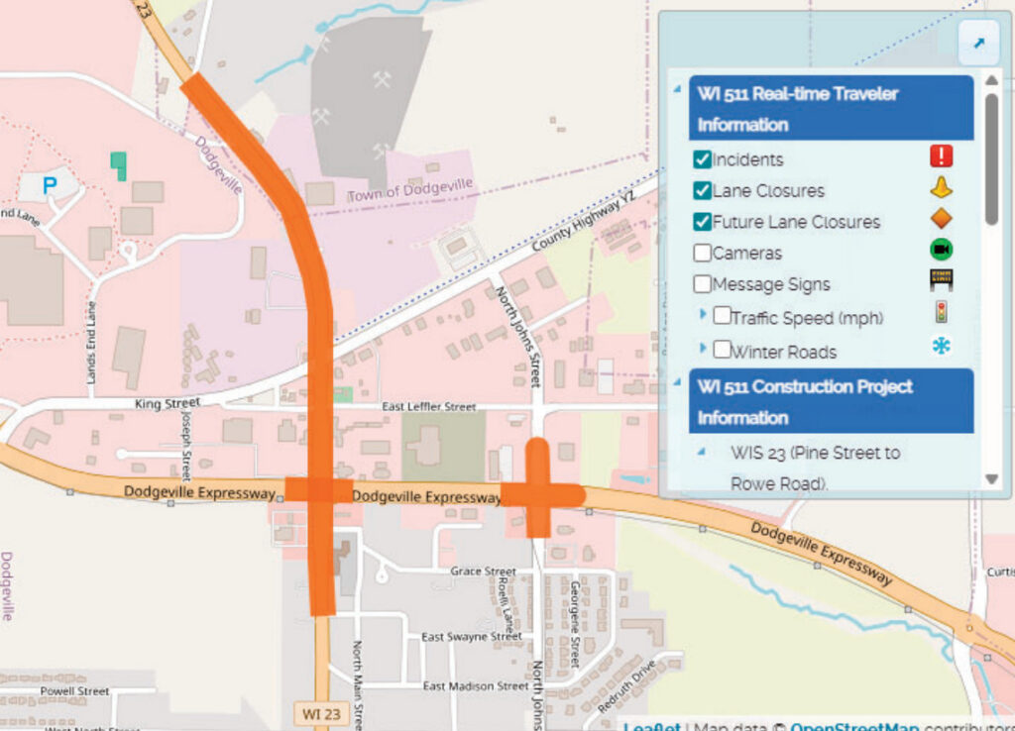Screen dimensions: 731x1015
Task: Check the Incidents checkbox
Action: pos(702,159)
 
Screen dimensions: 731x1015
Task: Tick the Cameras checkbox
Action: pos(702,253)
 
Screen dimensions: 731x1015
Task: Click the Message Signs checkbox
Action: pos(702,284)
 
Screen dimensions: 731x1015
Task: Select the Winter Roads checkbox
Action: pos(722,350)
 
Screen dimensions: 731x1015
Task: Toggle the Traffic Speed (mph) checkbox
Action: pos(722,317)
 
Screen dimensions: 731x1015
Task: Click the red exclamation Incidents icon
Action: pos(941,157)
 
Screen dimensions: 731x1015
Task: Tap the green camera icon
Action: pos(941,250)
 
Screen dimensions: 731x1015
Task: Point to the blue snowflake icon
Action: pos(941,346)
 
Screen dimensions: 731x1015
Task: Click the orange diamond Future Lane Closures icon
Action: pos(941,219)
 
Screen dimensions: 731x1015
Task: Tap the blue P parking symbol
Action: pos(50,183)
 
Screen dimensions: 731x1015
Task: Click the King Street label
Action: pos(167,403)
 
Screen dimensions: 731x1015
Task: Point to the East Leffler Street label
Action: pos(430,407)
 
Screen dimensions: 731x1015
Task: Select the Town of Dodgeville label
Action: pos(409,188)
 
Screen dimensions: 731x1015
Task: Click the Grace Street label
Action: pos(483,572)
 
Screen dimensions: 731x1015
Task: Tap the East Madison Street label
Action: pos(476,686)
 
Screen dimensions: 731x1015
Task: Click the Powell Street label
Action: pos(74,690)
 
